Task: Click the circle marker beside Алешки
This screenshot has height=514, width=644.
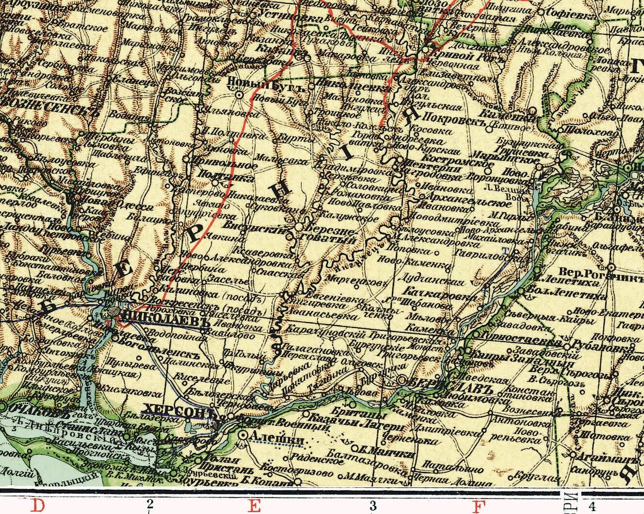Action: (242, 435)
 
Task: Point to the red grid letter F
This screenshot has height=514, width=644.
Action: (479, 505)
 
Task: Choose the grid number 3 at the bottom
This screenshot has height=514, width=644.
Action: (372, 505)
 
